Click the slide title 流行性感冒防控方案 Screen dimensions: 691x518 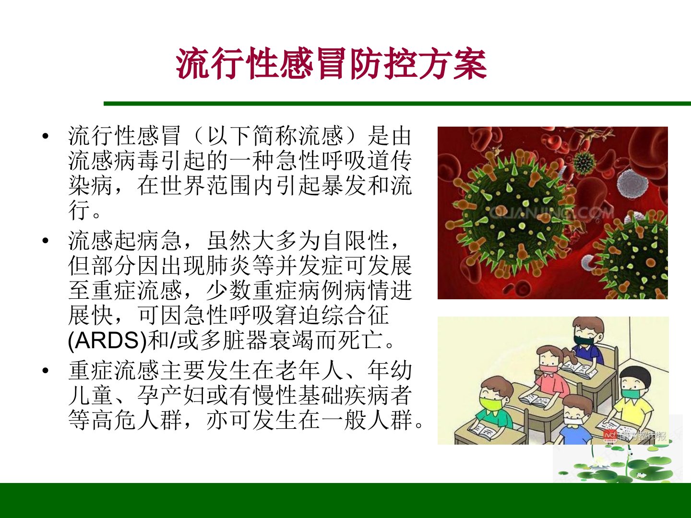click(331, 63)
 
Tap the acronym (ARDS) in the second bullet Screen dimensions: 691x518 click(107, 341)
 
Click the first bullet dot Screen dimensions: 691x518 click(46, 136)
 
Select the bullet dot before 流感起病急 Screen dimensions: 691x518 click(46, 241)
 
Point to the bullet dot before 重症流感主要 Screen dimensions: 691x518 click(46, 370)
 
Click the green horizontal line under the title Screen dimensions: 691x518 click(397, 104)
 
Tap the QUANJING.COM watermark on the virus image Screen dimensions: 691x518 click(551, 213)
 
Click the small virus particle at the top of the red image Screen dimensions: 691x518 click(584, 163)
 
